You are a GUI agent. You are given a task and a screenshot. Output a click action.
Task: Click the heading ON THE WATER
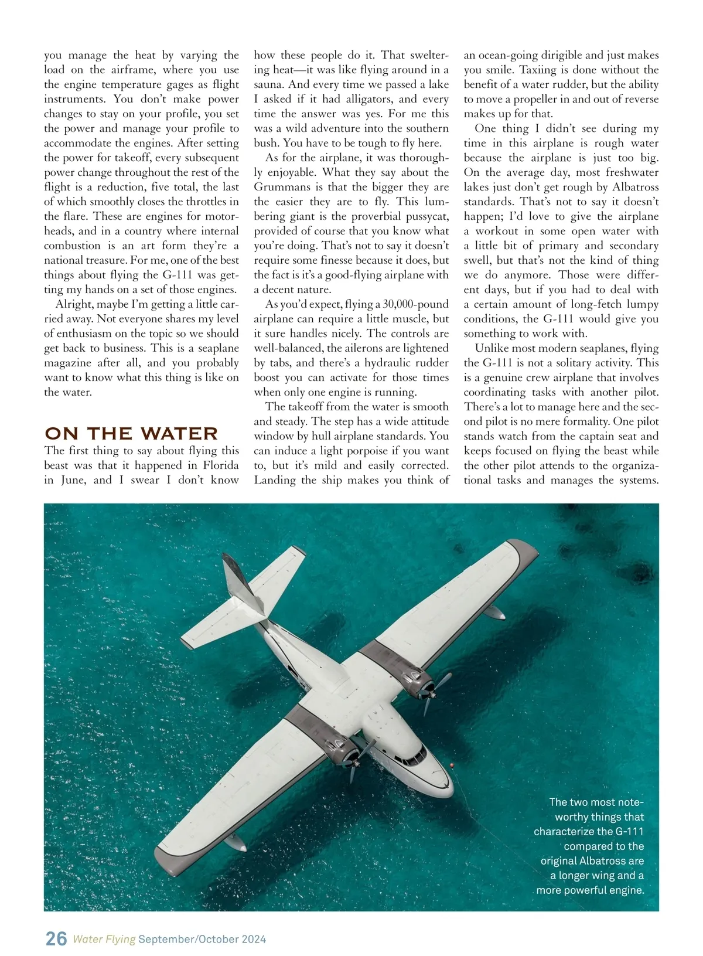[x=131, y=434]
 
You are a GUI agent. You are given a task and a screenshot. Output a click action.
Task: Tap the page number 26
[x=56, y=938]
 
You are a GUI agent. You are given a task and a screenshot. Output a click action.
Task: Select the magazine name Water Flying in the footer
[x=104, y=939]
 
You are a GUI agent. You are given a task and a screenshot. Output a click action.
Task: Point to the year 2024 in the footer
[x=253, y=939]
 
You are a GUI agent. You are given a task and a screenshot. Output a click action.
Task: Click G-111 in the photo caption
[x=628, y=831]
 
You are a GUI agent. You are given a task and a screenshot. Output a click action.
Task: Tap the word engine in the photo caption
[x=626, y=890]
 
